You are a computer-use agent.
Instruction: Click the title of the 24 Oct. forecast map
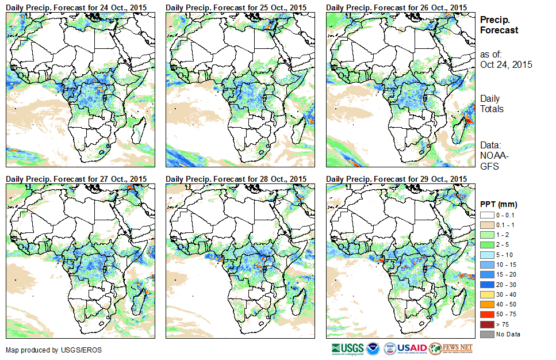(x=76, y=7)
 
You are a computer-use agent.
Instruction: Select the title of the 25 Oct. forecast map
(x=236, y=7)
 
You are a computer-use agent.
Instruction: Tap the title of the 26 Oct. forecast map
(x=396, y=7)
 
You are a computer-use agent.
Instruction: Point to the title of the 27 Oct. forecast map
(x=76, y=179)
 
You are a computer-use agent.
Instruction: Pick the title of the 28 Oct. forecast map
(x=236, y=179)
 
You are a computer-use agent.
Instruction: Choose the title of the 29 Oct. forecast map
(x=396, y=179)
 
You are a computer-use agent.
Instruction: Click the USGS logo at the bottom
(x=346, y=348)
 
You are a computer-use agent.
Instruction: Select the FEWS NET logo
(x=451, y=348)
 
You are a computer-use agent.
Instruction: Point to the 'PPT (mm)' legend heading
(x=499, y=204)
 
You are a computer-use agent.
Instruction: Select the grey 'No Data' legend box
(x=486, y=334)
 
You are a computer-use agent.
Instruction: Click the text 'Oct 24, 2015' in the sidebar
(x=506, y=64)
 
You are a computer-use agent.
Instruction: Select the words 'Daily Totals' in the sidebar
(x=492, y=104)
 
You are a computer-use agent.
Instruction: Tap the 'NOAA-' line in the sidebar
(x=493, y=156)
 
